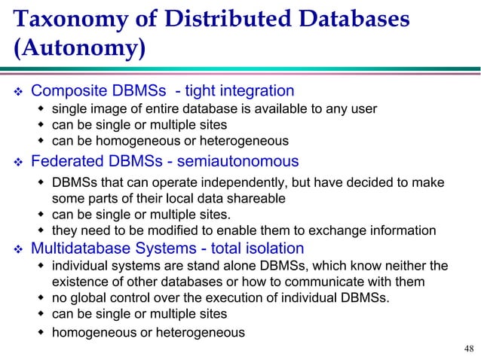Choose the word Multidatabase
[x=80, y=249]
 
